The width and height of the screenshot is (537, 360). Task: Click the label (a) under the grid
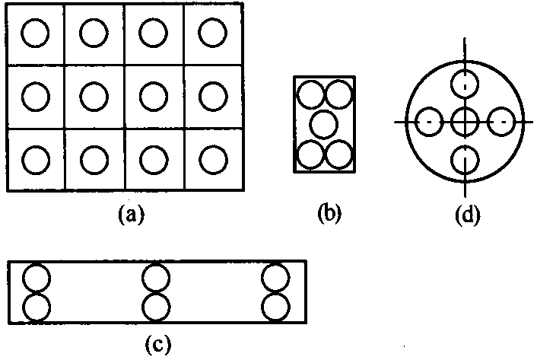131,215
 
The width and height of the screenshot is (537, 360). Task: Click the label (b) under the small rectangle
329,213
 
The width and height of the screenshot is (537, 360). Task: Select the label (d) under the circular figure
468,215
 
